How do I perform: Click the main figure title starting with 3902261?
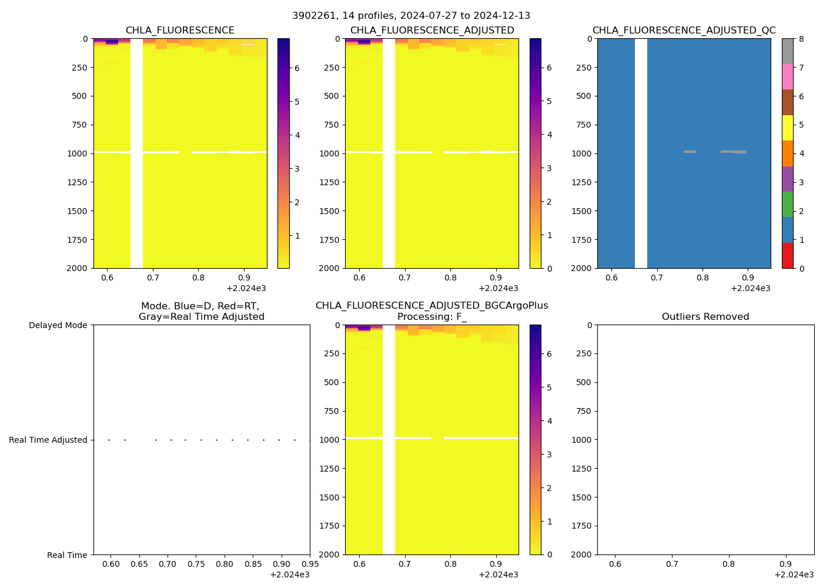411,16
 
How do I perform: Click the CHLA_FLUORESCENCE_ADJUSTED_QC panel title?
684,31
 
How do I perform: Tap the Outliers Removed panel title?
705,317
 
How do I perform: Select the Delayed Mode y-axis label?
58,325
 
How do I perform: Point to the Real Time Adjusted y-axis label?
48,440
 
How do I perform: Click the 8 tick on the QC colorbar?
801,39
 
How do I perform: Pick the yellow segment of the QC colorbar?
788,128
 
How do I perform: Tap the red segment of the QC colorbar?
788,256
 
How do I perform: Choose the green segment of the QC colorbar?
788,204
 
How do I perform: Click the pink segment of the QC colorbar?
788,76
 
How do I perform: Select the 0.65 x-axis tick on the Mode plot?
139,564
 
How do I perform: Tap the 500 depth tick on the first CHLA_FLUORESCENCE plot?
80,96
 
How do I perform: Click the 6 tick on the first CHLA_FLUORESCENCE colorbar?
297,68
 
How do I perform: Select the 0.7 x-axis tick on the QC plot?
657,278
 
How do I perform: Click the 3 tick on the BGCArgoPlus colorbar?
549,455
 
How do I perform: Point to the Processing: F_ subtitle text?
431,317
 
